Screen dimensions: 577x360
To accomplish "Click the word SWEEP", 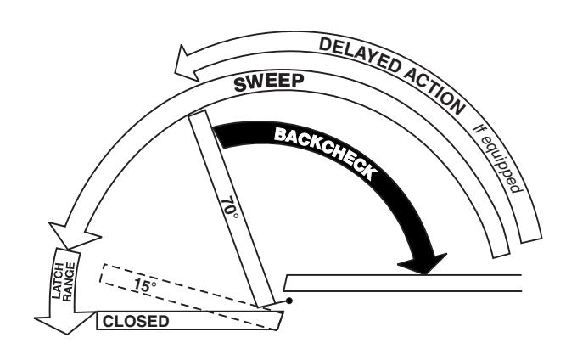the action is click(269, 83).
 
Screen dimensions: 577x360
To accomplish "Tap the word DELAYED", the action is click(360, 54).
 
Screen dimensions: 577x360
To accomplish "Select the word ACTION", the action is click(434, 91).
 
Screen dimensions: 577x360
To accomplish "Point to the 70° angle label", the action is click(229, 208).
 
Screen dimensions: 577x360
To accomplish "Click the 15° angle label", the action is click(144, 285).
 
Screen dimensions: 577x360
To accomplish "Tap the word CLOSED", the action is click(136, 321).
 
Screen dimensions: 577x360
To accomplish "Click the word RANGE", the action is click(70, 282).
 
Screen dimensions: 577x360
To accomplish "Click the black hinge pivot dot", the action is click(289, 301).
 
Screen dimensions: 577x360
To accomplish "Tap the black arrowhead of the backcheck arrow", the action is click(423, 263).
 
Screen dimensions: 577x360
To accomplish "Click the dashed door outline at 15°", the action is click(188, 296).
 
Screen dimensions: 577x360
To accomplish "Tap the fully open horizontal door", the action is click(403, 283).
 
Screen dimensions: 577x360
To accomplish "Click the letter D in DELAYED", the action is click(325, 44).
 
